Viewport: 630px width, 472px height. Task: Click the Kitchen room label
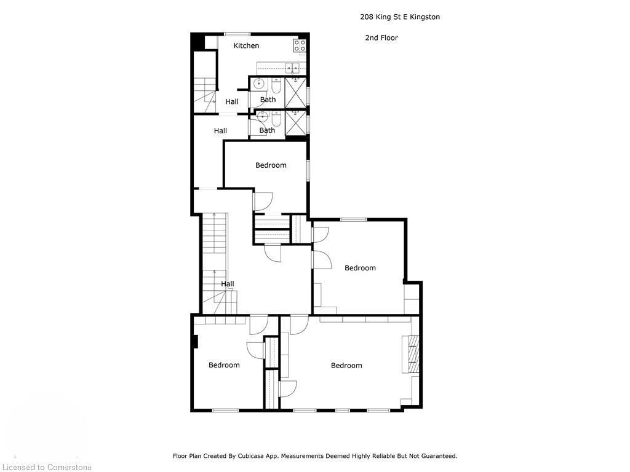[x=246, y=45]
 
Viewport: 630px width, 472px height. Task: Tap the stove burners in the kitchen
[x=300, y=45]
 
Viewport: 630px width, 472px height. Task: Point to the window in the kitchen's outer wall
[x=237, y=33]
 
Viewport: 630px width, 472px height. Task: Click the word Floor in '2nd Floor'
[x=389, y=37]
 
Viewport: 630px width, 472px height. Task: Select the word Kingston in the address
[x=423, y=17]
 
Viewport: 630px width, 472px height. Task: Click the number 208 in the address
[x=367, y=17]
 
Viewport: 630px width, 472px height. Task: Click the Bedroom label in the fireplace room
[x=346, y=366]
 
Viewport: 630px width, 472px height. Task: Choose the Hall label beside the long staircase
[x=228, y=284]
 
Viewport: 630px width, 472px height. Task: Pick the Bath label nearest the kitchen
[x=268, y=100]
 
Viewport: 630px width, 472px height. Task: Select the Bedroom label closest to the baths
[x=271, y=165]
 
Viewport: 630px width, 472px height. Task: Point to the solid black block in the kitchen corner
[x=197, y=42]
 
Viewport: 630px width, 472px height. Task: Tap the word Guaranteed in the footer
[x=436, y=456]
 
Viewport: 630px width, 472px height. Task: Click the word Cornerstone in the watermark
[x=68, y=468]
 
